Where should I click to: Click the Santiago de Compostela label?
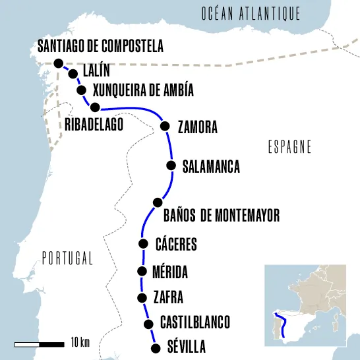100,46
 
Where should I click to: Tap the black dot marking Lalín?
73,74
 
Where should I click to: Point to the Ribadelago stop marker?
95,107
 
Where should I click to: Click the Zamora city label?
197,128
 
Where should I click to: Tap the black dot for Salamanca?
171,165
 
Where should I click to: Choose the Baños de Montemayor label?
220,215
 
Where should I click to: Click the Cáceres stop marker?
143,244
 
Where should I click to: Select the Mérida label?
169,272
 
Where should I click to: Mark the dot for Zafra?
141,297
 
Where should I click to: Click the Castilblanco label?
195,322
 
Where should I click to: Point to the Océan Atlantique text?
251,13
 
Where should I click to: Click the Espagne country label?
289,147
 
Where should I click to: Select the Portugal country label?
67,258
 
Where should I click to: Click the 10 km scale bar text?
79,342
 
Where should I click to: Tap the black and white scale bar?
39,344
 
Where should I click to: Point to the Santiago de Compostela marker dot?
59,63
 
